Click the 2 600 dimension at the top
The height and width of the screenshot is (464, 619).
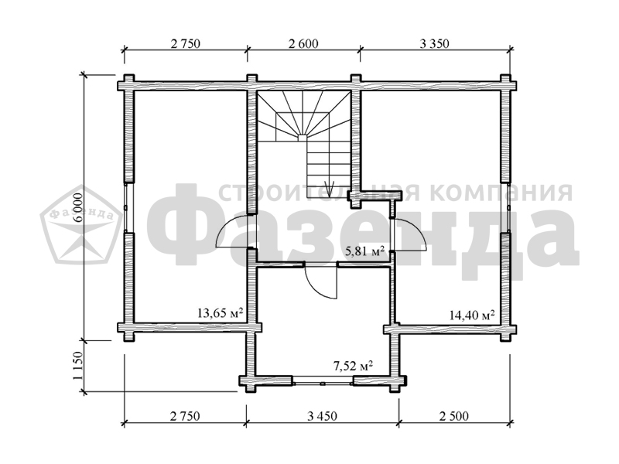click(x=303, y=43)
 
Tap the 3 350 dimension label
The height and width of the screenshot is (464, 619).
click(x=434, y=43)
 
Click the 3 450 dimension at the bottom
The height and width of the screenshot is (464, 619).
click(x=323, y=416)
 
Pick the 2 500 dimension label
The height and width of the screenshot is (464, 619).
click(x=454, y=416)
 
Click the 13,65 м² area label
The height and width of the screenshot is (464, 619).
click(x=220, y=313)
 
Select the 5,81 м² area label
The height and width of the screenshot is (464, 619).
click(x=365, y=251)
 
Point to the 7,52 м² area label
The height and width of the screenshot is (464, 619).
click(x=354, y=367)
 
